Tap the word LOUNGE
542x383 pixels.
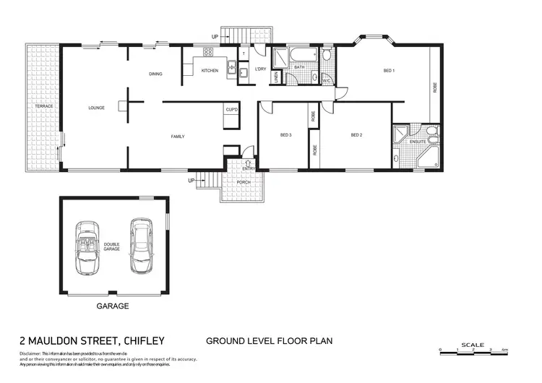(96, 108)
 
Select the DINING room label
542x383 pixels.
(155, 74)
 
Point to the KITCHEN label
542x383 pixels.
(210, 71)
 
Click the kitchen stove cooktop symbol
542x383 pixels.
(208, 52)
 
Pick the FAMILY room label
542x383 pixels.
(178, 136)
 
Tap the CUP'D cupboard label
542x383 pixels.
(232, 109)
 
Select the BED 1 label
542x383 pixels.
(389, 71)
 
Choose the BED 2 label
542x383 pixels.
(356, 135)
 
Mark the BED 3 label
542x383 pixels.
(285, 135)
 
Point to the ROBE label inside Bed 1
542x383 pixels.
(434, 87)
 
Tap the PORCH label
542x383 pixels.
(243, 181)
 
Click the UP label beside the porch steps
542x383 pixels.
(192, 180)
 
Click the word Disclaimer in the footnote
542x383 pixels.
(31, 352)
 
